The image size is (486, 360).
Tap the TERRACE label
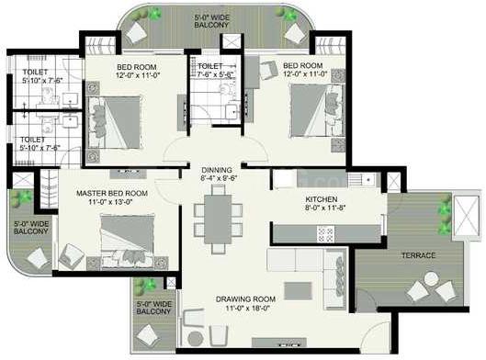[417, 254]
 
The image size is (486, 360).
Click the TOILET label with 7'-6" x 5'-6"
[209, 67]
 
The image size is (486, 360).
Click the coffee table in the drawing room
[297, 290]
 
